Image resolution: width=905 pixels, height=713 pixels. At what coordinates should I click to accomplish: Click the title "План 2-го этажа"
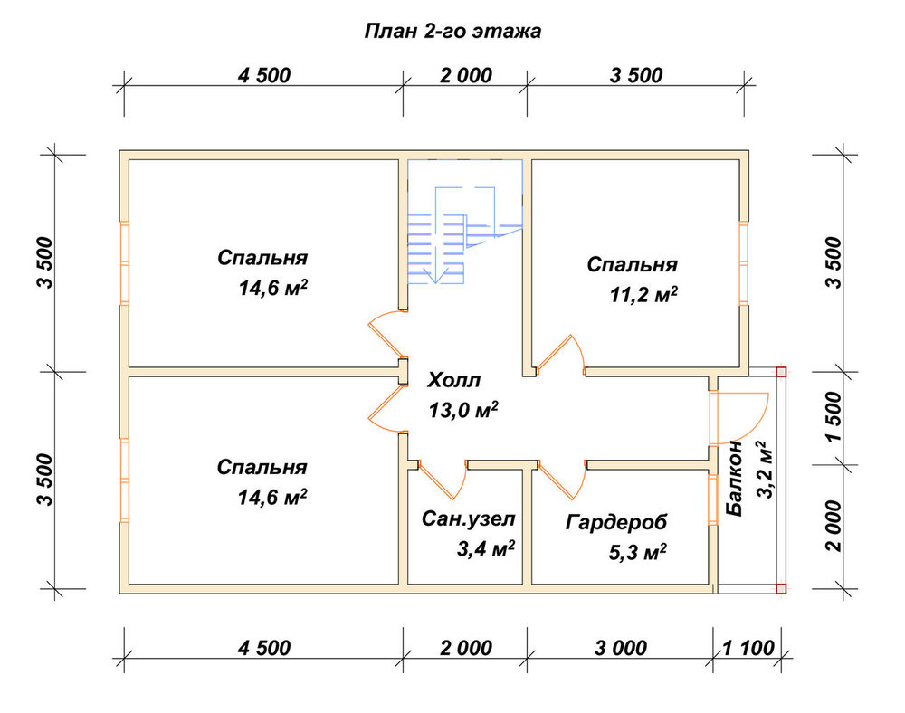[452, 31]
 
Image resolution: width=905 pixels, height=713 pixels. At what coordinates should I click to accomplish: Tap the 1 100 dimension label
[748, 648]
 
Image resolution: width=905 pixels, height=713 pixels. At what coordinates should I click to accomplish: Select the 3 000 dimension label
[621, 648]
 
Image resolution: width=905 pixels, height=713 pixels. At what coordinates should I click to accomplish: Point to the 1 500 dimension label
[834, 417]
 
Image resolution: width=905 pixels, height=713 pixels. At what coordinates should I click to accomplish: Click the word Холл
[453, 380]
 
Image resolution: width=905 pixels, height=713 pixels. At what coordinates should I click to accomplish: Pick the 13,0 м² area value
[463, 410]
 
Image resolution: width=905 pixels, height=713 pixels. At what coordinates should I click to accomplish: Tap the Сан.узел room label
[468, 518]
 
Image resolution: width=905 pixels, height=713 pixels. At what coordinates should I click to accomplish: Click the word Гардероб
[615, 522]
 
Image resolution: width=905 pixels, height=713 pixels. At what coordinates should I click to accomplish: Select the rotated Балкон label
[734, 479]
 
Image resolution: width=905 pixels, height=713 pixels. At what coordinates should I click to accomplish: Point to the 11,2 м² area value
[643, 295]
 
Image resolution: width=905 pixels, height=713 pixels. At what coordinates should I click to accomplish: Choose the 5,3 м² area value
[638, 552]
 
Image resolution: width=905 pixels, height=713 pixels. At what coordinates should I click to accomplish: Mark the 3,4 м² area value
[486, 548]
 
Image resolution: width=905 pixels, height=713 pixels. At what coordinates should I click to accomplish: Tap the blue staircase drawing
[464, 222]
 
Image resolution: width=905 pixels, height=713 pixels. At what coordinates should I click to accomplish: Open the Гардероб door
[562, 480]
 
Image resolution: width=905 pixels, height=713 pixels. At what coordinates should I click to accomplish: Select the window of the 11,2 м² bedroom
[744, 262]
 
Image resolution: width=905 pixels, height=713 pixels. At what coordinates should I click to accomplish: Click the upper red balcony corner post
[781, 372]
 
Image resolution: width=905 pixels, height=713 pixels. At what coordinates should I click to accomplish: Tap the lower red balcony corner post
[781, 588]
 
